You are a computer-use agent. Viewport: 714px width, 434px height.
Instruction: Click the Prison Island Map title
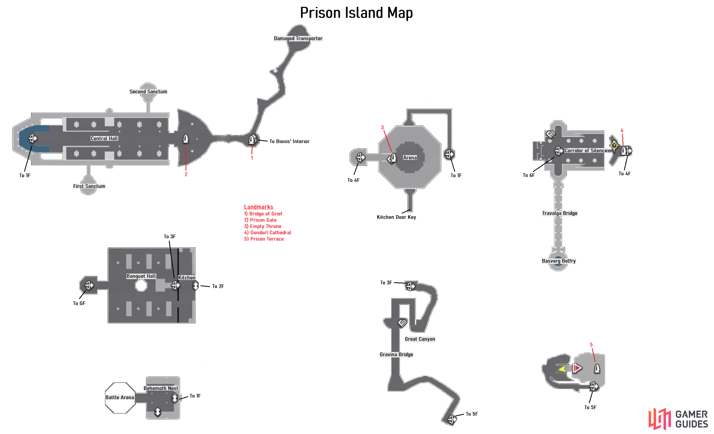(356, 13)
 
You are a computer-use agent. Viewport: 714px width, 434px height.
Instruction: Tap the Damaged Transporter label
(298, 38)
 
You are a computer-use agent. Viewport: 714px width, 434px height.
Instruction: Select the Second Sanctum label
(148, 92)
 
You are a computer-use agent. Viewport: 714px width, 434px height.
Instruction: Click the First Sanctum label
(89, 186)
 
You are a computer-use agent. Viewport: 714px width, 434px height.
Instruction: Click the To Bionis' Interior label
(289, 141)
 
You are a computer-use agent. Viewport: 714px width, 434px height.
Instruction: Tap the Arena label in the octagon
(410, 158)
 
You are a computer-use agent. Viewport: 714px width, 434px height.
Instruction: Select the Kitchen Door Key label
(396, 217)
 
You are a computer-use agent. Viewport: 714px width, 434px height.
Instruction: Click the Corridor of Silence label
(586, 151)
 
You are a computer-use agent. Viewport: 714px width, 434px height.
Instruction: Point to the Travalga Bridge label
(560, 213)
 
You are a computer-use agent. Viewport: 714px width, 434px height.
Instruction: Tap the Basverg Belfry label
(559, 261)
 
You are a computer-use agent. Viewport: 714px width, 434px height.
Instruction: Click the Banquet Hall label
(141, 276)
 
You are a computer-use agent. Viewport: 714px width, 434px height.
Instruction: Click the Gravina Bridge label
(396, 355)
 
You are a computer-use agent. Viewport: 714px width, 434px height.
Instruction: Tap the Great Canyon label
(420, 339)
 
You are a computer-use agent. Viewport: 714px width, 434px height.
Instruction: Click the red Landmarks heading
(259, 207)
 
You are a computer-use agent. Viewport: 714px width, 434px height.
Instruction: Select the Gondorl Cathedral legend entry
(267, 233)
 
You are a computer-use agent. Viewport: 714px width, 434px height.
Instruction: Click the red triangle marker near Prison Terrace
(577, 368)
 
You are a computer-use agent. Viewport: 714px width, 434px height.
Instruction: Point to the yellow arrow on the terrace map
(562, 369)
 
